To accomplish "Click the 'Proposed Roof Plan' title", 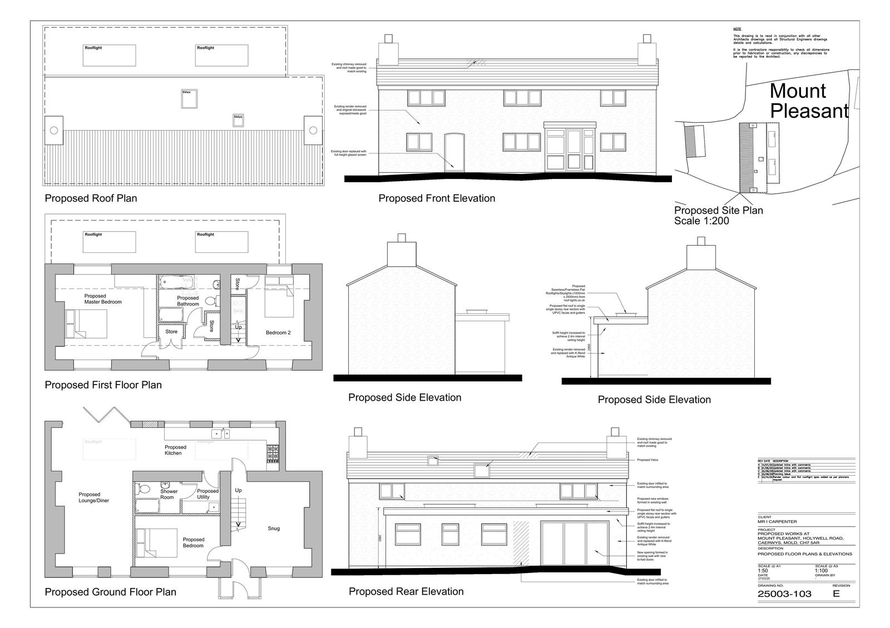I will [91, 198].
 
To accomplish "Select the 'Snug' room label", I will [273, 529].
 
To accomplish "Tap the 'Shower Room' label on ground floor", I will [169, 494].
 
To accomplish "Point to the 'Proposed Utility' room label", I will [208, 494].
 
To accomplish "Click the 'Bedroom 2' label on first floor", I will [278, 333].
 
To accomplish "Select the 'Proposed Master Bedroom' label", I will [103, 299].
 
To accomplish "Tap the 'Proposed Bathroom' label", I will [188, 301].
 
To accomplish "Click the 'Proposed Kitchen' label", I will [175, 450].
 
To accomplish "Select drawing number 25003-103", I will [784, 594].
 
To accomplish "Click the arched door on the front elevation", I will [454, 152].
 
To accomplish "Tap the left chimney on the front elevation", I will [388, 52].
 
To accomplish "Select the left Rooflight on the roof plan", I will [109, 56].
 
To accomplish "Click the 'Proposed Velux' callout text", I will [647, 460].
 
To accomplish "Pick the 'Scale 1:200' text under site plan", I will [701, 221].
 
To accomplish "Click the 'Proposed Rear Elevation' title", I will [406, 591].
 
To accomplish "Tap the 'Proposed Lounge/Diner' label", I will [93, 497].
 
